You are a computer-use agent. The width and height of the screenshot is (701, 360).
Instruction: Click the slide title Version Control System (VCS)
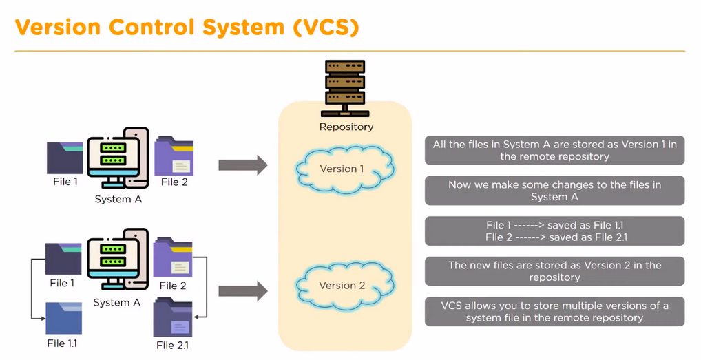click(187, 27)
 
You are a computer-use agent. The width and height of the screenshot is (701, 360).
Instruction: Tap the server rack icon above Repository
click(346, 89)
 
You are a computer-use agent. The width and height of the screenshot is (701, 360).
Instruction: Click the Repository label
click(346, 127)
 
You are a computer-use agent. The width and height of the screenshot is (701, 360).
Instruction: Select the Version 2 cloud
click(342, 285)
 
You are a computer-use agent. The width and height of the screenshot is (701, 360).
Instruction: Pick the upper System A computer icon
click(118, 158)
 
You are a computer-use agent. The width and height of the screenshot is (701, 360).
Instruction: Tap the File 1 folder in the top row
click(65, 158)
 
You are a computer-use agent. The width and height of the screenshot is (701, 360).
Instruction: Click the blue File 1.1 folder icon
click(64, 318)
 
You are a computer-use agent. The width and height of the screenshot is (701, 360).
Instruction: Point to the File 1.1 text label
click(62, 343)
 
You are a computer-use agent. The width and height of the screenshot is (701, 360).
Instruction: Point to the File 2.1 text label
click(172, 345)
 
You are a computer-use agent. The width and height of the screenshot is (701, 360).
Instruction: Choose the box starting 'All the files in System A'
click(554, 150)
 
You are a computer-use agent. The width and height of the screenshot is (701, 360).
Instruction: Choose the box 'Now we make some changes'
click(554, 191)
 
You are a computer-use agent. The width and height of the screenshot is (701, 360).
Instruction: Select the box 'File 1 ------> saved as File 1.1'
click(554, 231)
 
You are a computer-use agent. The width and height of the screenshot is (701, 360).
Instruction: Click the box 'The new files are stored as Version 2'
click(554, 271)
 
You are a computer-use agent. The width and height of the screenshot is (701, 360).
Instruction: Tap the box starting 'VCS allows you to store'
click(554, 311)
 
